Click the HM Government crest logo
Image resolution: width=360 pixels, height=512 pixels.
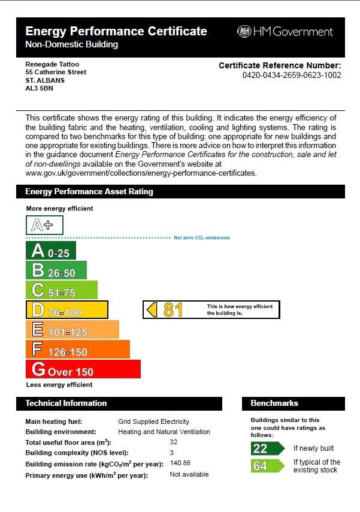coord(244,32)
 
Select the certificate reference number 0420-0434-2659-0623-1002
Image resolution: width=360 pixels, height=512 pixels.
coord(292,76)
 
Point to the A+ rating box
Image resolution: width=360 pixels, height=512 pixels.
coord(44,225)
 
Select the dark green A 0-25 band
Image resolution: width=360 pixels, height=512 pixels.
coord(51,251)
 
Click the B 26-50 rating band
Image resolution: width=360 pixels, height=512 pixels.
coord(56,270)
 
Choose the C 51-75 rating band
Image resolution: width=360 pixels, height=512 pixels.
coord(61,290)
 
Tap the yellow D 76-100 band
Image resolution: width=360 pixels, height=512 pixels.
coord(66,310)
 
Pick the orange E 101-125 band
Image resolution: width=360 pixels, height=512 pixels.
coord(72,330)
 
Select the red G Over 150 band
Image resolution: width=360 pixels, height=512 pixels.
coord(83,369)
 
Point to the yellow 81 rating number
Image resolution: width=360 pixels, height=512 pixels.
coord(173,310)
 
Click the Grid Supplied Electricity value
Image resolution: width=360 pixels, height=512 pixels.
coord(153,421)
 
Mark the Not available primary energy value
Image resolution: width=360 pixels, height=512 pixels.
coord(189,474)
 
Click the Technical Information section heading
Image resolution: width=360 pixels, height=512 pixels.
coord(66,403)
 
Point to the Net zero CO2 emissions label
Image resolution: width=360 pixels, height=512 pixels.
coord(202,238)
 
